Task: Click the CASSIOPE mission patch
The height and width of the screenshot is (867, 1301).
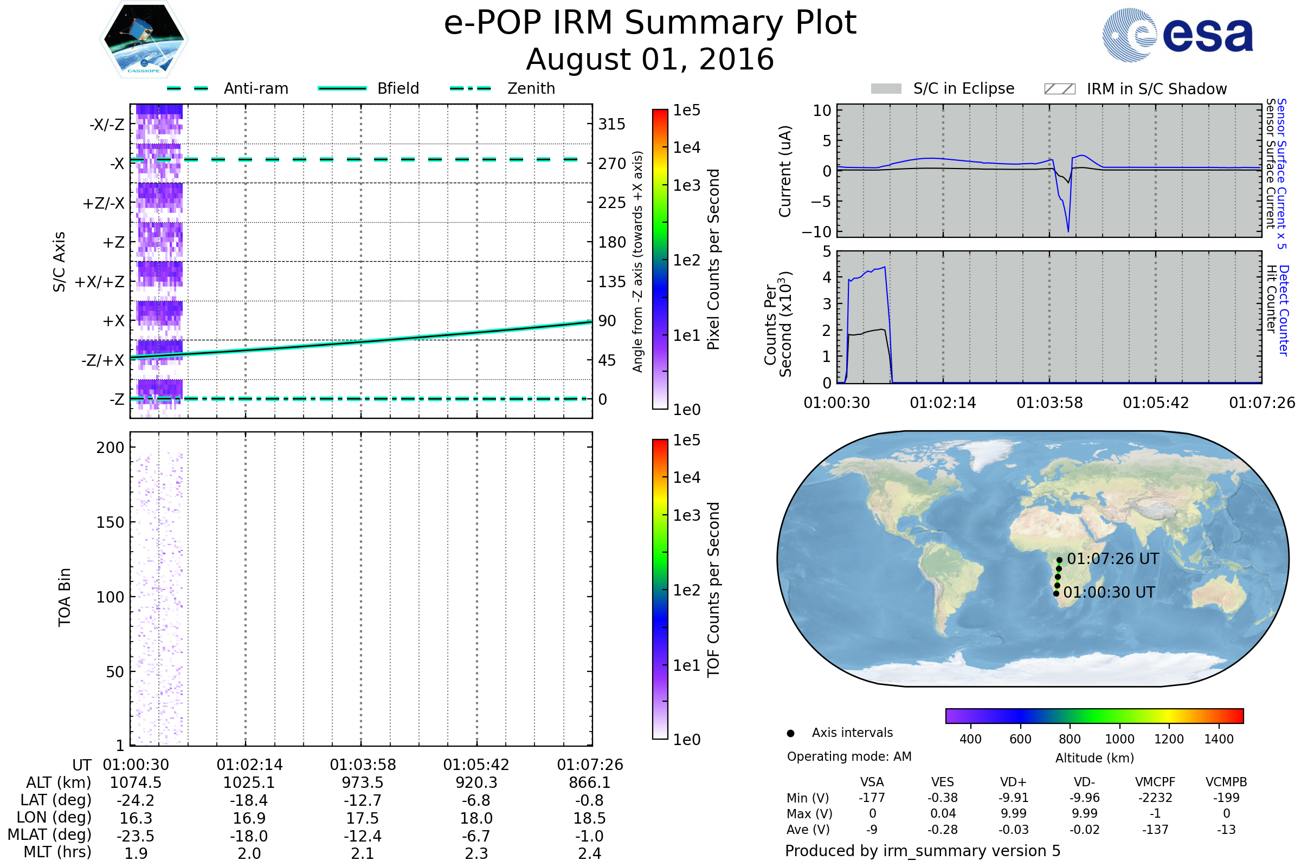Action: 144,38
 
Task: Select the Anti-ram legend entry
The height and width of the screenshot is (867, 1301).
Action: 227,88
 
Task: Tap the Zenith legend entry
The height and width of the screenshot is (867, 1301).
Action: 503,88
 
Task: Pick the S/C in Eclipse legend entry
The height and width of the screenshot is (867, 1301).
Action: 943,88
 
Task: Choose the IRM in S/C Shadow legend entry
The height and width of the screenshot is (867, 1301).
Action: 1136,89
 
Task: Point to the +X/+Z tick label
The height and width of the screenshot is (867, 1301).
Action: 100,282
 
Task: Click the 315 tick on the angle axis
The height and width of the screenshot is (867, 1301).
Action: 612,124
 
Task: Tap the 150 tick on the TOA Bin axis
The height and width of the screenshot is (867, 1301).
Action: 110,522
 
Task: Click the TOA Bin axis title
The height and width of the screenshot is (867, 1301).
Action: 64,597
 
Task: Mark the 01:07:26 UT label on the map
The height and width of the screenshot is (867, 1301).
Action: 1113,559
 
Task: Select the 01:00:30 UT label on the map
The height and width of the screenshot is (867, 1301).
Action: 1109,593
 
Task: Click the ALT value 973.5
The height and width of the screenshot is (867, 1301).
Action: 362,783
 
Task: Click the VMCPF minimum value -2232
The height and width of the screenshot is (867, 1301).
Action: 1155,798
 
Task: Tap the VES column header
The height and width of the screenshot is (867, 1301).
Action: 943,782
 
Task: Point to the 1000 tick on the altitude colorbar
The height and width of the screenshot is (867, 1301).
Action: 1119,739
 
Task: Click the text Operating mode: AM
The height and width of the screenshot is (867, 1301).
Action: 849,756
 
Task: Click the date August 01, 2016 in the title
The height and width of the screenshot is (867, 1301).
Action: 650,59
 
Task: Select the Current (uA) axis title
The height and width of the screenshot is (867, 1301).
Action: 785,171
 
